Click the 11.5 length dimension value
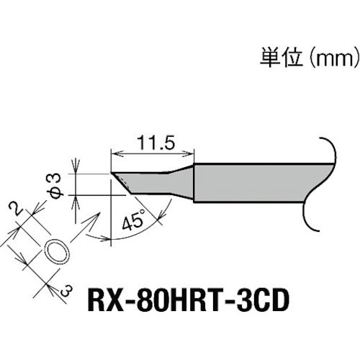tap(153, 143)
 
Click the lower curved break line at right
tap(313, 216)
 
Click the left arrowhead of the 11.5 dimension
tap(116, 152)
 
